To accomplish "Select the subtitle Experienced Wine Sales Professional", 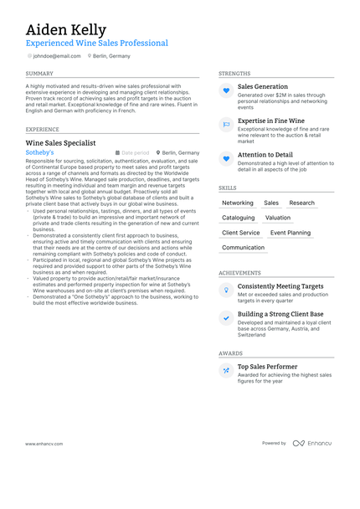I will click(96, 44).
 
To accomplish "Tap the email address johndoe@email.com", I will click(57, 56).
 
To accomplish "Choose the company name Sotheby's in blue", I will click(39, 153).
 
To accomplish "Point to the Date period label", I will click(136, 153).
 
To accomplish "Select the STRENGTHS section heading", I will click(234, 74).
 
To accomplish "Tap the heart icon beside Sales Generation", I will click(226, 90).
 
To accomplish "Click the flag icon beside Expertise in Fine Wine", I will click(226, 125).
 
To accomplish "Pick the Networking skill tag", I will click(238, 203).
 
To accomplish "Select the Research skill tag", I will click(301, 203).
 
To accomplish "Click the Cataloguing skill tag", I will click(239, 218).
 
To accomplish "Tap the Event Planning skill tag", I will click(290, 233).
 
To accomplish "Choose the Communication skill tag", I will click(243, 248).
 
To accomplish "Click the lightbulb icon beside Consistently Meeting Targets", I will click(226, 290).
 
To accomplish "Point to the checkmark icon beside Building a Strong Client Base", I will click(226, 318).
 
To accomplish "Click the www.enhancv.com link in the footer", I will click(45, 466).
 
